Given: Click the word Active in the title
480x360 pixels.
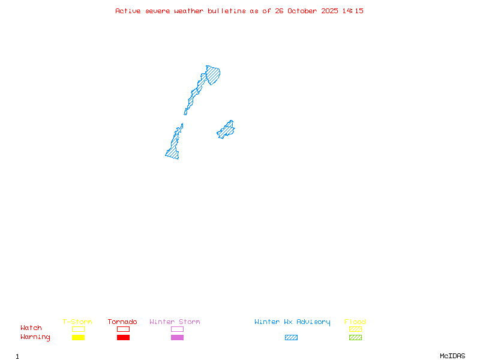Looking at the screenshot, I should [128, 11].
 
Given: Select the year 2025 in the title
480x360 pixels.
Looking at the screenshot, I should [329, 11].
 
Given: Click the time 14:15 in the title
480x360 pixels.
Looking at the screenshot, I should [353, 11].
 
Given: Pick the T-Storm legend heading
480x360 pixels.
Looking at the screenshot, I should [77, 322].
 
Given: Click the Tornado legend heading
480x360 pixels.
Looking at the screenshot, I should [122, 322].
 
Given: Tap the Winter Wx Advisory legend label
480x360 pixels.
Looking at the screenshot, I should [292, 322].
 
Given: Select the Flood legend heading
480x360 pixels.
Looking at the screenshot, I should [355, 322].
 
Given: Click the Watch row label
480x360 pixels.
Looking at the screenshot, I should [31, 328].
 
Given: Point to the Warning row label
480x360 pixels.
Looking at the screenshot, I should [35, 337].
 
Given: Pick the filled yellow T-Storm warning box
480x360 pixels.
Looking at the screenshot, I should [78, 338].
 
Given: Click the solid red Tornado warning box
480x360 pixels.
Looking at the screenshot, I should [123, 338].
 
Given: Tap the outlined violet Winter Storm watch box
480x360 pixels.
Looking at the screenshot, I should [177, 329].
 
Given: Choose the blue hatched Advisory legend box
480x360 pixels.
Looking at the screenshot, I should [291, 338].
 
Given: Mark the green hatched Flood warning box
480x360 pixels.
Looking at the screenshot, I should [355, 338].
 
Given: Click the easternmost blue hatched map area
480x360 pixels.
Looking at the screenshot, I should [226, 130].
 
